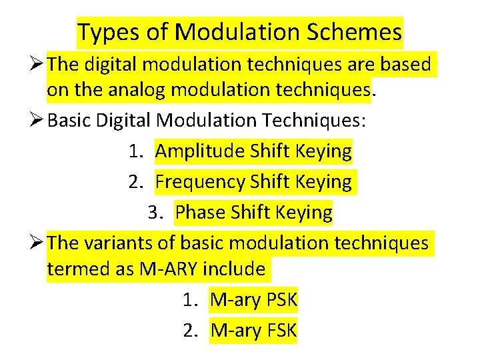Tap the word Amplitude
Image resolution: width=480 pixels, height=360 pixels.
[x=200, y=151]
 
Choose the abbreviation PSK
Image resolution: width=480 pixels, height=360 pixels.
[x=279, y=300]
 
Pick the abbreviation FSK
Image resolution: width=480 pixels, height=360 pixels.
[x=280, y=330]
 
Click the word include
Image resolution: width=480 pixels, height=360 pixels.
[x=233, y=269]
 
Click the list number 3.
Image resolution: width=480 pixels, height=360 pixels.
[x=155, y=213]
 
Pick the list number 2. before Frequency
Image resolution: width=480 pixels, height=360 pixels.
[x=136, y=181]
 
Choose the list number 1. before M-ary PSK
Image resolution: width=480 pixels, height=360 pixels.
[x=191, y=300]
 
